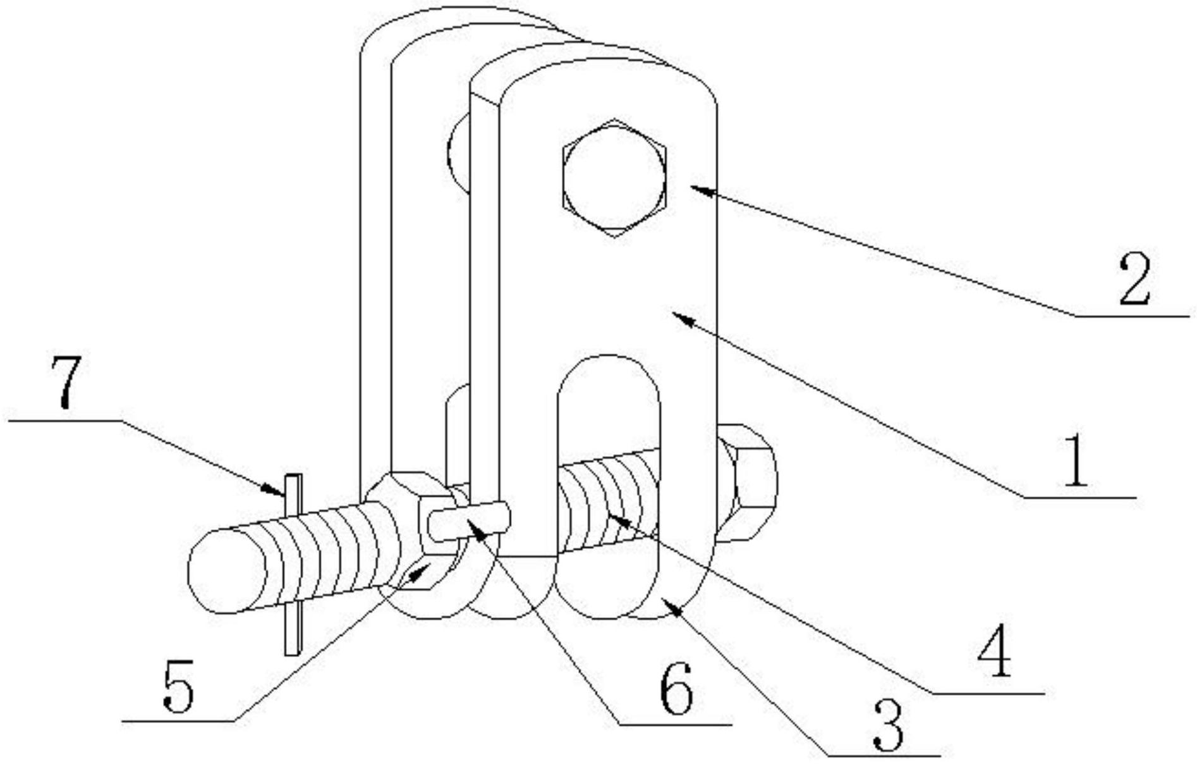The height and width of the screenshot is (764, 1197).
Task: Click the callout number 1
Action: tap(1076, 460)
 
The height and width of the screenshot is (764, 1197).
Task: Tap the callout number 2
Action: tap(1135, 278)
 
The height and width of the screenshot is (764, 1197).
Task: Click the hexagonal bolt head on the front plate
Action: tap(614, 178)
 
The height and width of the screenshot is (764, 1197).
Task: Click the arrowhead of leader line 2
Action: tap(698, 189)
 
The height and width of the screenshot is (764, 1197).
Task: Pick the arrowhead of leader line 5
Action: tap(418, 572)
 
